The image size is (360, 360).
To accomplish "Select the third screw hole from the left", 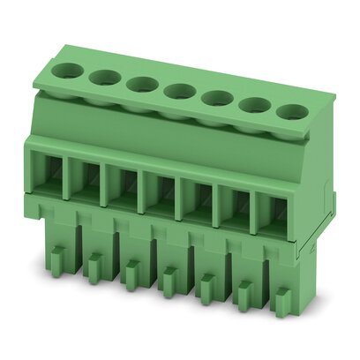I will (x=140, y=84).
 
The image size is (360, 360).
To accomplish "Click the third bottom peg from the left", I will (x=131, y=273).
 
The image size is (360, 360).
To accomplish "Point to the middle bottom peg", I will (x=169, y=281).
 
